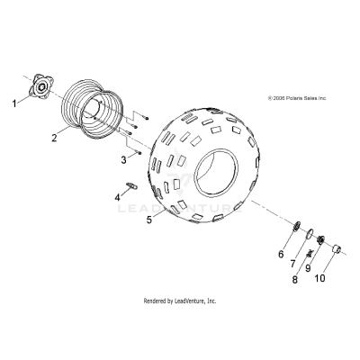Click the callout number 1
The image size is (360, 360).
pos(13,104)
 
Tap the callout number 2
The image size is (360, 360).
pos(55,138)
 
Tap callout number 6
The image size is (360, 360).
pos(281,256)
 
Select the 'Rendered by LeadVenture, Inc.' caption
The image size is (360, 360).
pos(180,300)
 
